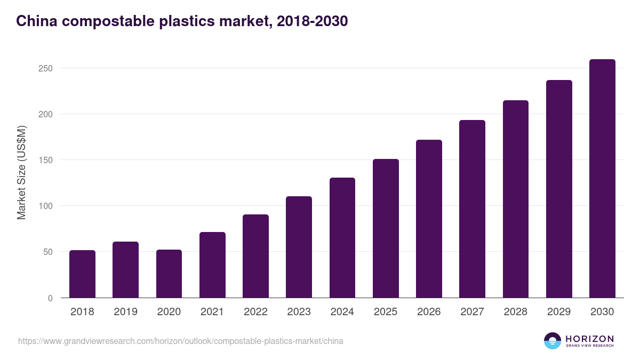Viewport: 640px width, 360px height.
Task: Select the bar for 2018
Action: point(82,274)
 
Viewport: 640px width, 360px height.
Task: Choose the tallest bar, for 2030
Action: point(602,179)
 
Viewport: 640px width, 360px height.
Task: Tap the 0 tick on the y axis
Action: point(50,298)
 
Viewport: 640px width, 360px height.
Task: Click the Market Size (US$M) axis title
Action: point(21,172)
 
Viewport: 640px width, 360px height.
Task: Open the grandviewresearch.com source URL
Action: point(180,341)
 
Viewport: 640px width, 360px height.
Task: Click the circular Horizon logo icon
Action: point(553,341)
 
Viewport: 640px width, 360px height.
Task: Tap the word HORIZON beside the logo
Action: point(589,339)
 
